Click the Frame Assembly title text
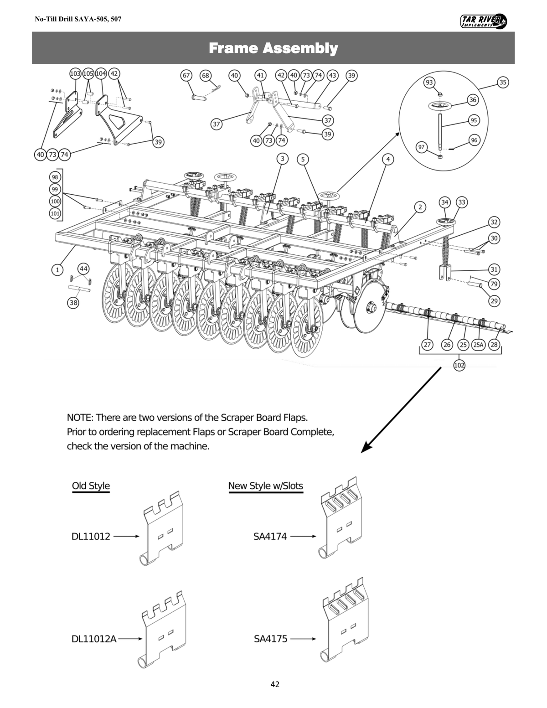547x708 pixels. [x=273, y=48]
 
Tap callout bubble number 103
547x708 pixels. [x=75, y=73]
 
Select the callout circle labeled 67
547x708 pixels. [x=186, y=75]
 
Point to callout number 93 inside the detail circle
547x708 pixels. [x=429, y=83]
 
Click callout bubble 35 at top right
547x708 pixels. [x=503, y=83]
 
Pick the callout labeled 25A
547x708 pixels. [x=478, y=345]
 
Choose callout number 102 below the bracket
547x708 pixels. [x=459, y=365]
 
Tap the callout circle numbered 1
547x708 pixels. [x=57, y=270]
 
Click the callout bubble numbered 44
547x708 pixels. [x=84, y=269]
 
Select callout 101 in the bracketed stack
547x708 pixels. [x=55, y=213]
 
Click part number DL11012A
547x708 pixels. [x=94, y=639]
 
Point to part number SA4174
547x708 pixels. [x=270, y=537]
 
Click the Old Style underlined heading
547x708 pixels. [x=91, y=486]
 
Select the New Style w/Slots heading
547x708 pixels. [x=265, y=486]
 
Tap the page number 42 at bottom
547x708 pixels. [x=275, y=684]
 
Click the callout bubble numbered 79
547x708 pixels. [x=494, y=284]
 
